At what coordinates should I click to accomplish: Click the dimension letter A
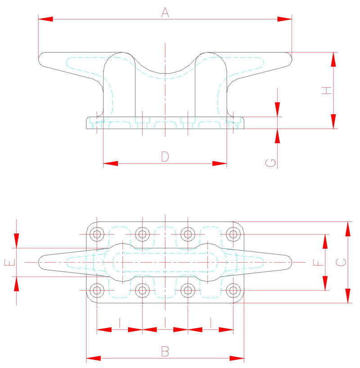tap(165, 13)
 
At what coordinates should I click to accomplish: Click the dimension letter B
tap(165, 351)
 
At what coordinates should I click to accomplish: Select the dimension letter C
tap(341, 262)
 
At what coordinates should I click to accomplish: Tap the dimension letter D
tap(165, 156)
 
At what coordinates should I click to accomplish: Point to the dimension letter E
tap(10, 262)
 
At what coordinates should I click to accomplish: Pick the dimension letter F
tap(319, 262)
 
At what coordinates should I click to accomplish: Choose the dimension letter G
tap(271, 163)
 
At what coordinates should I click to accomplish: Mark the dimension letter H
tap(326, 90)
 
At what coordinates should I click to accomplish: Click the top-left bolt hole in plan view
tap(97, 234)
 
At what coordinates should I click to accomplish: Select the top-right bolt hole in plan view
tap(233, 234)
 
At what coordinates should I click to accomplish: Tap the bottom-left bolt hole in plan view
tap(97, 290)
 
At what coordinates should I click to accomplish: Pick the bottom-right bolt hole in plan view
tap(233, 290)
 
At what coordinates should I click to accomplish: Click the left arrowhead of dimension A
tap(45, 19)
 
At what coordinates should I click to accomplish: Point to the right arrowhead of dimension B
tap(237, 359)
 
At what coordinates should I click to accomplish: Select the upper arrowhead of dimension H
tap(333, 60)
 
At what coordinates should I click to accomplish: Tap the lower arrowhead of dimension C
tap(348, 296)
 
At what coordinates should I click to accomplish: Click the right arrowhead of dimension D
tap(220, 163)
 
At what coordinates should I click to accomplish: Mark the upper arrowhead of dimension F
tap(325, 242)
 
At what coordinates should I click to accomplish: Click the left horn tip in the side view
tap(39, 58)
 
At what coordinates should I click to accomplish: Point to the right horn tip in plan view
tap(292, 262)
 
